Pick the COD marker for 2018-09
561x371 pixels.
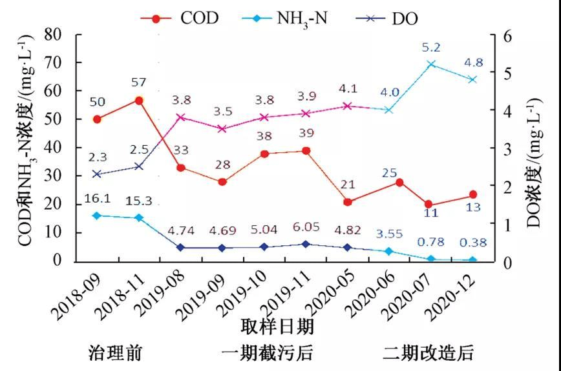[x=97, y=119]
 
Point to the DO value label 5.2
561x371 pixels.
[x=430, y=48]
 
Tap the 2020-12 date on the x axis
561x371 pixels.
[x=453, y=294]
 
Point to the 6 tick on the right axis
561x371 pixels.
[x=507, y=36]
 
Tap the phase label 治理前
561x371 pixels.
[x=115, y=354]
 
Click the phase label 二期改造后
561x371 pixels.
[x=428, y=354]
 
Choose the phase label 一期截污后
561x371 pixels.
[x=267, y=354]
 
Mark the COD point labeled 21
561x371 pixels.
[x=348, y=202]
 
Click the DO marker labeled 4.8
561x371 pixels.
[x=472, y=79]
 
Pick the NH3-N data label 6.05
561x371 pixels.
[x=306, y=229]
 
